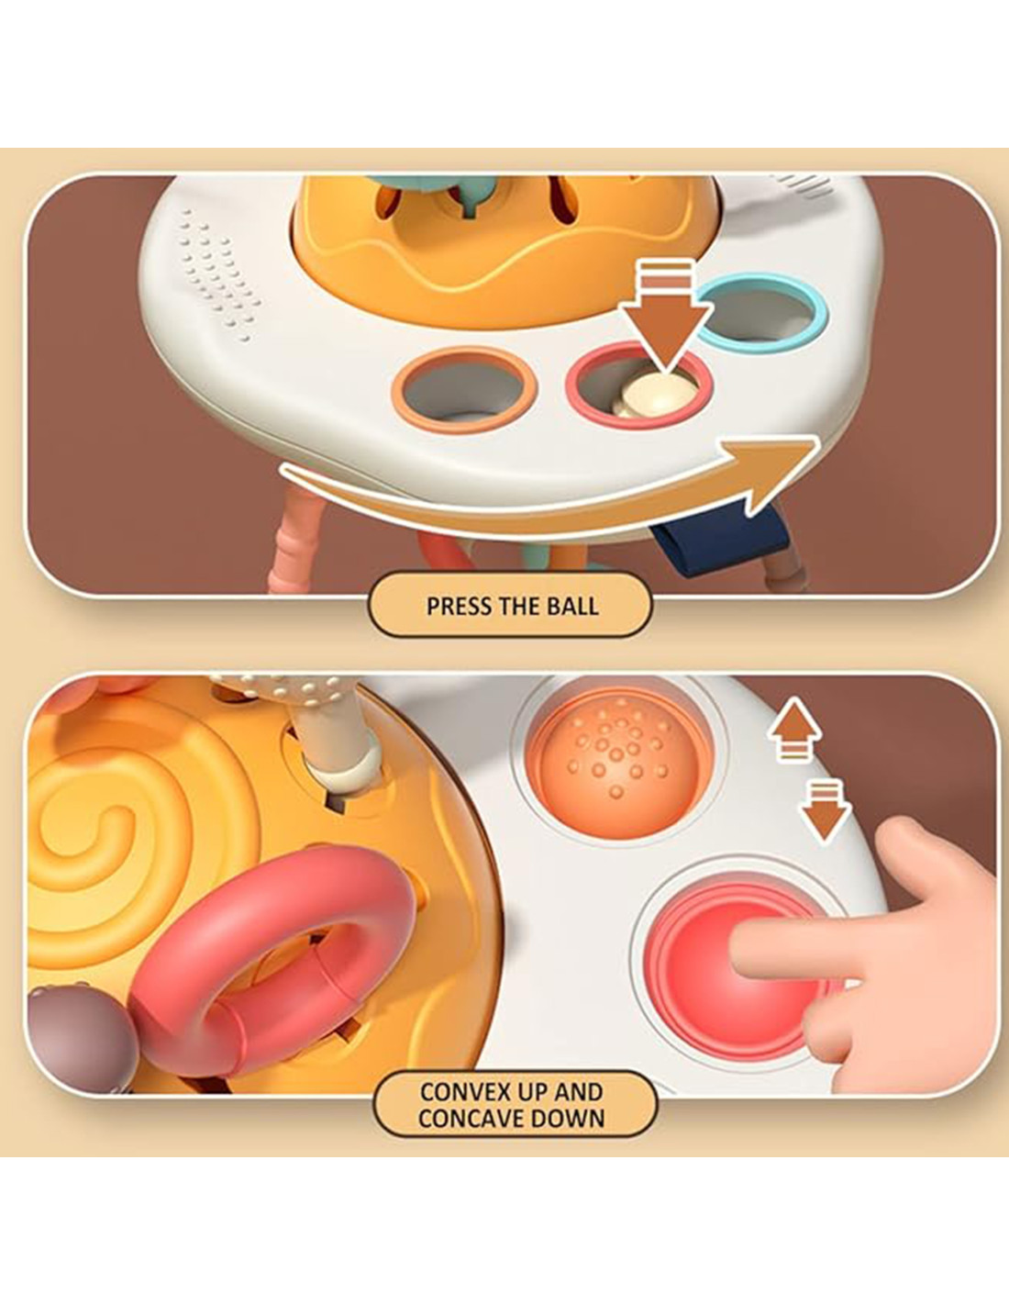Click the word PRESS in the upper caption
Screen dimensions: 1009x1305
(458, 606)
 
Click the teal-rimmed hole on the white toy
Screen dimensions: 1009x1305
(761, 309)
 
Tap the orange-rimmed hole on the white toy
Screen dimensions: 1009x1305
(463, 390)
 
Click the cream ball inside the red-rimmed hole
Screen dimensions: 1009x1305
(655, 394)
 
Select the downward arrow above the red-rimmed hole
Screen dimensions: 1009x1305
(665, 320)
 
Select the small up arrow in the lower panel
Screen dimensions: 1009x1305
(794, 729)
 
